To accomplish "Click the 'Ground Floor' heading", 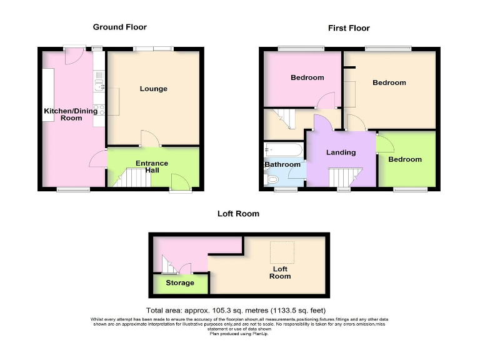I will (x=119, y=27).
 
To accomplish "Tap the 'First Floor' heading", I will (x=349, y=28).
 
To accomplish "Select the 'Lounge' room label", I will (x=153, y=89).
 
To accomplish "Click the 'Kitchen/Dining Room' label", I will (x=62, y=114).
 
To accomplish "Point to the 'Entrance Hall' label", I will (x=152, y=167).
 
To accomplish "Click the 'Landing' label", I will (x=341, y=152).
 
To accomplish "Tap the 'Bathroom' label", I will (x=282, y=165).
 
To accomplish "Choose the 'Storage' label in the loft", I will (x=179, y=283).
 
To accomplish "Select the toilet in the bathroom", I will (x=271, y=180).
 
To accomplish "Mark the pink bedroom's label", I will (x=307, y=77).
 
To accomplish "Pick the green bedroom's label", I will (x=404, y=159).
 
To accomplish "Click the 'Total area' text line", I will (x=236, y=311).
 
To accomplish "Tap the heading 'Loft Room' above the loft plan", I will (x=238, y=214).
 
